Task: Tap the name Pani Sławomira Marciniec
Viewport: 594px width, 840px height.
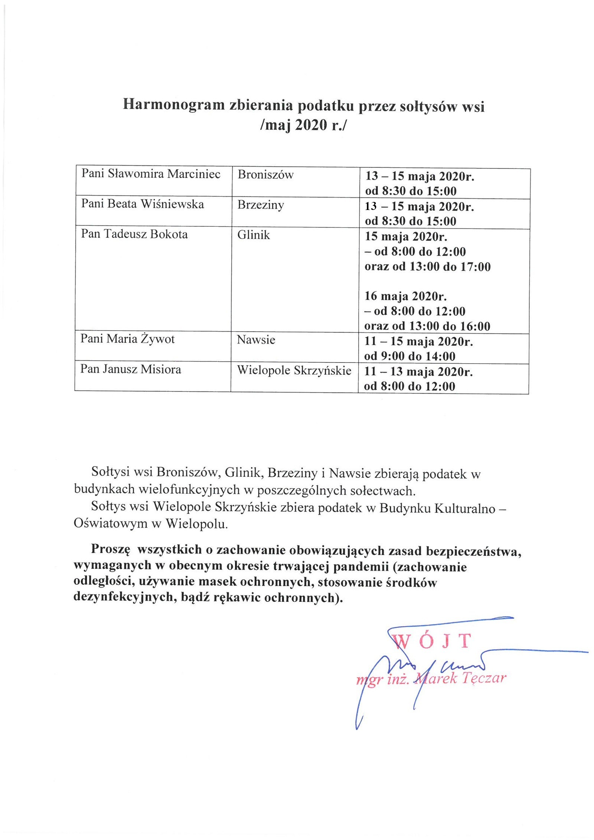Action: click(x=151, y=174)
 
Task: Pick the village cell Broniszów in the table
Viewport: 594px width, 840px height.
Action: click(x=265, y=174)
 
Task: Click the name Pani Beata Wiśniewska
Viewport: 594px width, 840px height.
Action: click(x=143, y=204)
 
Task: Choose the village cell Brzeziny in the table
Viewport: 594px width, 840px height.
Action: click(x=261, y=204)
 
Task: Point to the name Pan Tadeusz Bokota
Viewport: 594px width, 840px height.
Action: click(x=134, y=234)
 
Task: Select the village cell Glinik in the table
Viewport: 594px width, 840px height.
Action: click(x=254, y=235)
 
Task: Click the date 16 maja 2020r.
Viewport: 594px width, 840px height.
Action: click(x=405, y=296)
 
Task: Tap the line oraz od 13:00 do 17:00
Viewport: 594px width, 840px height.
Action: click(x=427, y=266)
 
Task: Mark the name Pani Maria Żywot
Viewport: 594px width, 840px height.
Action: click(x=127, y=339)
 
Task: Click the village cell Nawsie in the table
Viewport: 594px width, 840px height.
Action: click(x=256, y=339)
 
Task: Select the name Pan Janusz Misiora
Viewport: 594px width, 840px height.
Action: click(x=131, y=369)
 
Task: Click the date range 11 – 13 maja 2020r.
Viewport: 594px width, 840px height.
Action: click(x=418, y=371)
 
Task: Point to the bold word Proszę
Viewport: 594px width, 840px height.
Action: click(x=110, y=549)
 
